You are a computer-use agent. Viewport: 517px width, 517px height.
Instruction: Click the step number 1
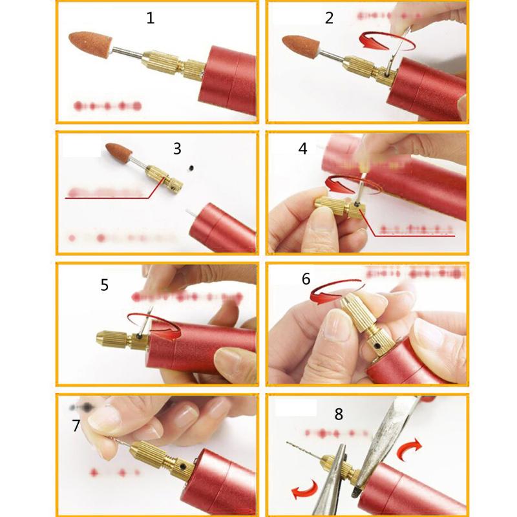151,18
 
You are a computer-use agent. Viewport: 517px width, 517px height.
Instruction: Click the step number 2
329,18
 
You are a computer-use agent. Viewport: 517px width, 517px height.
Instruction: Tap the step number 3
177,149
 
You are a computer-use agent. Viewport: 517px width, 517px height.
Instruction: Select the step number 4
302,149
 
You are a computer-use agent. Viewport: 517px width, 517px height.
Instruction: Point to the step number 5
104,285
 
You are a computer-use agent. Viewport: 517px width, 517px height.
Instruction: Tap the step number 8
338,415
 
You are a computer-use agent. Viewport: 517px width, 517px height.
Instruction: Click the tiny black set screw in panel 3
191,169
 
